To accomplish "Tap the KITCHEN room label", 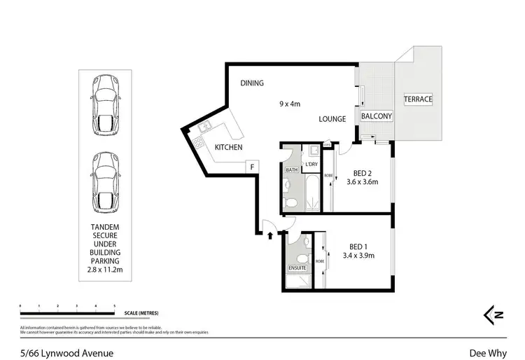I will (228, 147).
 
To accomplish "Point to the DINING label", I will (252, 83).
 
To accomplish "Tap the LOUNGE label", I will (332, 119).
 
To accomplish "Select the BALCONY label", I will (376, 116).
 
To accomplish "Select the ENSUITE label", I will (297, 268).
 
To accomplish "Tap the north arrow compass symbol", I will (494, 315).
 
